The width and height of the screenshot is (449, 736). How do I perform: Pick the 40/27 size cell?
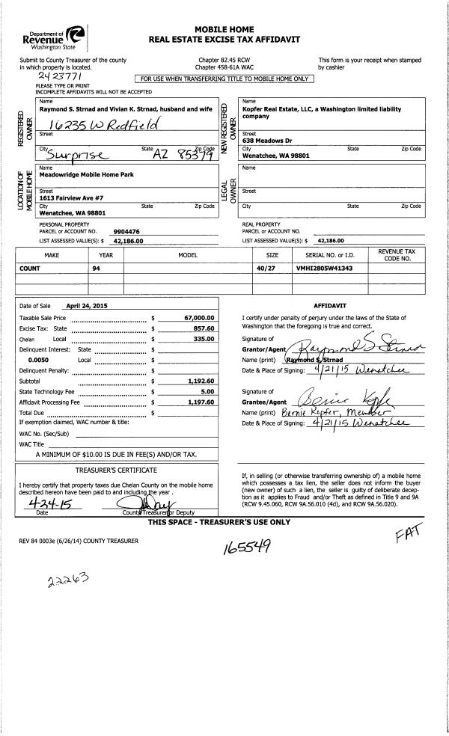point(266,268)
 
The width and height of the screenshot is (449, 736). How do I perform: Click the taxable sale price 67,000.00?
point(199,318)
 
